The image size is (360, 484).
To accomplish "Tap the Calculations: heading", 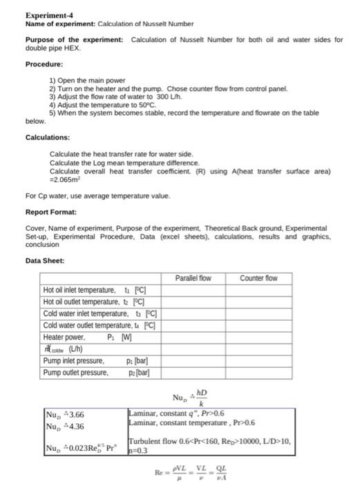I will coord(47,138).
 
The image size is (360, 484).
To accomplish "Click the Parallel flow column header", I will coord(193,278).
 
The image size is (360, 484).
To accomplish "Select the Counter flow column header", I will coord(259,278).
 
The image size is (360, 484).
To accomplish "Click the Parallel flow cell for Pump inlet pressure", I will coord(193,360).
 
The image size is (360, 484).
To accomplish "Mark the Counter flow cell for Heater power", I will coord(259,337).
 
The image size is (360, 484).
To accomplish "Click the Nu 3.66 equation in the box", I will coord(65,415).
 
